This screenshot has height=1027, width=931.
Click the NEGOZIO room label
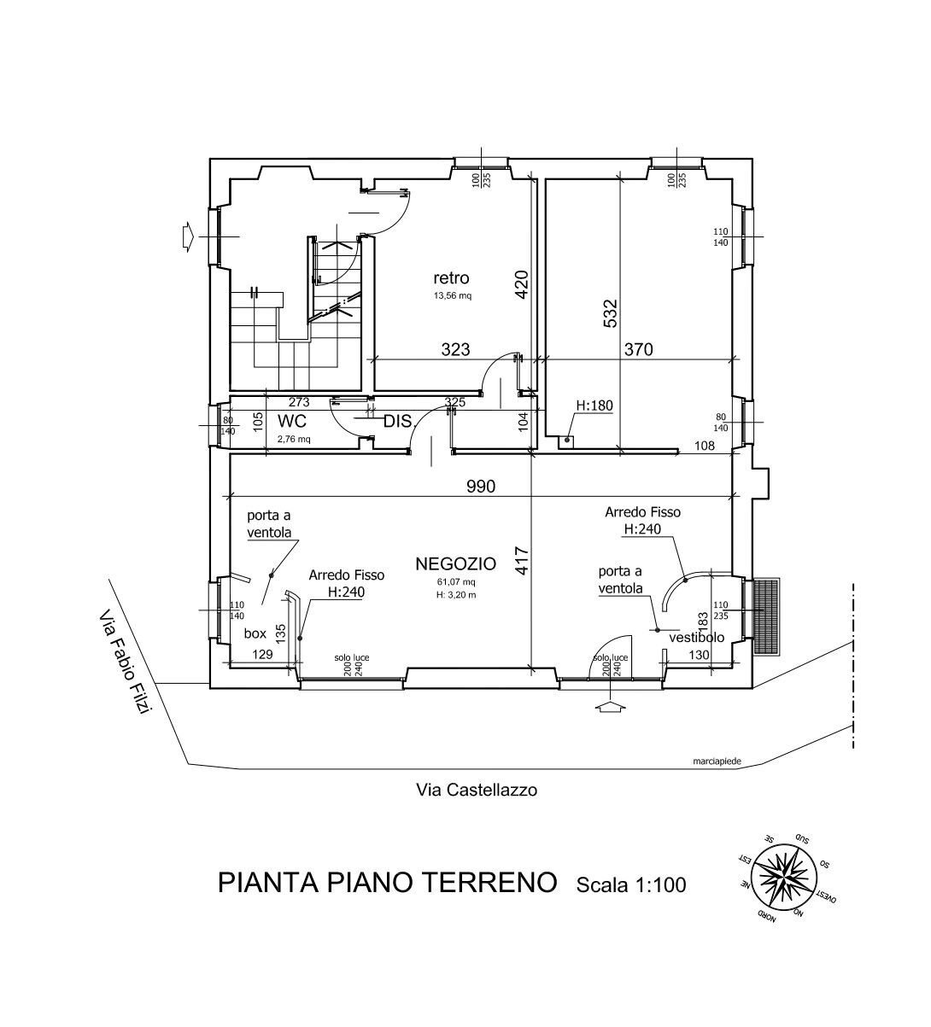click(x=455, y=563)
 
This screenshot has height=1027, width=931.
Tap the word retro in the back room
click(x=451, y=277)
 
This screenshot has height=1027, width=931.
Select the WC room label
click(x=292, y=422)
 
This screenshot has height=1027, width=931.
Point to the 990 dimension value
click(x=482, y=486)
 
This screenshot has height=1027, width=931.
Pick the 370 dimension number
click(x=638, y=349)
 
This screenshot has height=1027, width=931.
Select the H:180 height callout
click(x=594, y=406)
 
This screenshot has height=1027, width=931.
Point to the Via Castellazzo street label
click(x=477, y=791)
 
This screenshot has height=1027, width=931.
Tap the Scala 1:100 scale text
click(x=631, y=884)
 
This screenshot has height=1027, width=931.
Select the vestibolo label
click(x=697, y=637)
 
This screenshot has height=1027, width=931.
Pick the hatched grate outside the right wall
click(x=767, y=616)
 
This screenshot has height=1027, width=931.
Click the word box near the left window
click(x=255, y=633)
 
